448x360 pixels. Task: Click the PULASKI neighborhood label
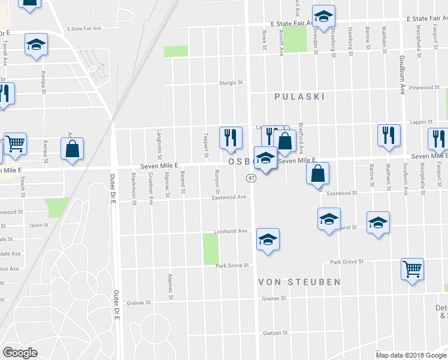299,96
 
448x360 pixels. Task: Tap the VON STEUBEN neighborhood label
299,281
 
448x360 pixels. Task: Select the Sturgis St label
232,82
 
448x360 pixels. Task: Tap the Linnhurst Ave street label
231,231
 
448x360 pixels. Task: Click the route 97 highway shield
252,179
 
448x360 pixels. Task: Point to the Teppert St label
205,146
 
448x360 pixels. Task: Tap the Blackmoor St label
134,190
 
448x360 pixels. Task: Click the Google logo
20,353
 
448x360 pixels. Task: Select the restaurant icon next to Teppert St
231,137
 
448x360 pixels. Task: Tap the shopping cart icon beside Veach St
15,143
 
